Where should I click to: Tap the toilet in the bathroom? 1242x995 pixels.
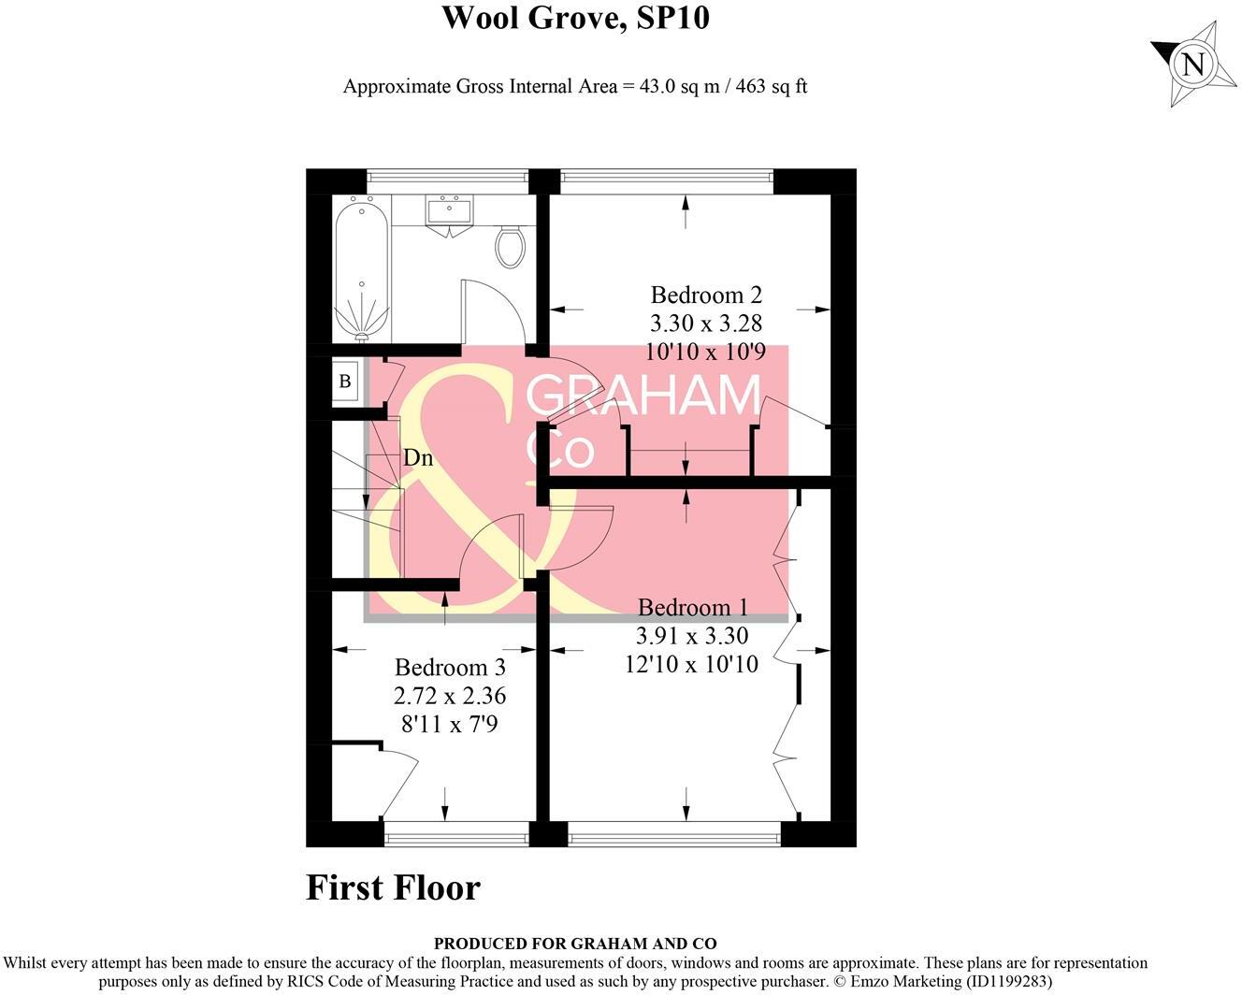(511, 246)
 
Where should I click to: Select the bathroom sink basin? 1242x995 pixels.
(450, 211)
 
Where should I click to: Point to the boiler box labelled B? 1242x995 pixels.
(345, 382)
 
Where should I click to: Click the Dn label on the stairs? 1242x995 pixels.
(418, 458)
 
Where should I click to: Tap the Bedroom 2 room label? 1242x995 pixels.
(706, 296)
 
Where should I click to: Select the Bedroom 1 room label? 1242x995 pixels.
(692, 608)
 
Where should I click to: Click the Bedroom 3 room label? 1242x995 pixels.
(450, 668)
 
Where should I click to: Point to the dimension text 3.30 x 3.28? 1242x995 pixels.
(706, 324)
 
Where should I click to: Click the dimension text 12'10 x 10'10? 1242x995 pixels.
(692, 664)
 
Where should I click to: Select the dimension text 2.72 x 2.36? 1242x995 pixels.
(450, 696)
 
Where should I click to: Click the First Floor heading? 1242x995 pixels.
(393, 887)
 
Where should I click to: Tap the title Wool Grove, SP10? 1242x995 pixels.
(574, 18)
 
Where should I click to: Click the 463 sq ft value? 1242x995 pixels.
(772, 87)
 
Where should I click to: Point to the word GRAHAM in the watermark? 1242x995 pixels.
(643, 397)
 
